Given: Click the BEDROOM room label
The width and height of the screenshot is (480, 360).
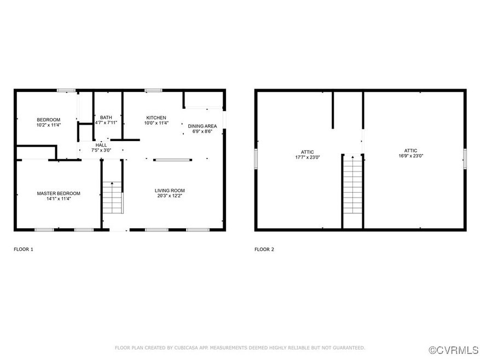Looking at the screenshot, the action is pyautogui.click(x=48, y=120).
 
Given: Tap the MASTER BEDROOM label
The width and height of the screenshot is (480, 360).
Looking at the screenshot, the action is pyautogui.click(x=59, y=194).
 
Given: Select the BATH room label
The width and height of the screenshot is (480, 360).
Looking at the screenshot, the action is pyautogui.click(x=106, y=118).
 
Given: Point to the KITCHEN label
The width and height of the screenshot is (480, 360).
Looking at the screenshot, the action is pyautogui.click(x=156, y=118).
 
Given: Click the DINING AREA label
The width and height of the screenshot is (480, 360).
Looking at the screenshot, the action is pyautogui.click(x=203, y=126).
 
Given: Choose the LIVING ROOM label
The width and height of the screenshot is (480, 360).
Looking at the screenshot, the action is pyautogui.click(x=170, y=191).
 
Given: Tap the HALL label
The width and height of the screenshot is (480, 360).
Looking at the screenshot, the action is pyautogui.click(x=101, y=145).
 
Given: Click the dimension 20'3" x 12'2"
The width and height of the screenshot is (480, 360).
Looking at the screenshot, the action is pyautogui.click(x=170, y=196).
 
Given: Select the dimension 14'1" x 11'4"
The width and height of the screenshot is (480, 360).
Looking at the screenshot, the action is pyautogui.click(x=59, y=199).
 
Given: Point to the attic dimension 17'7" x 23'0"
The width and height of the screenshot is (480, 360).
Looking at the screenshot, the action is pyautogui.click(x=308, y=158).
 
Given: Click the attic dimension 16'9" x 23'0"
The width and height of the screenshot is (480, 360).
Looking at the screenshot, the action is pyautogui.click(x=411, y=156).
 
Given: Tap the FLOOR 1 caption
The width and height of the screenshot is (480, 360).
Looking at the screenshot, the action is pyautogui.click(x=24, y=249).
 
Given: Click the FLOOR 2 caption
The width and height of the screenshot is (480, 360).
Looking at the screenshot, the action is pyautogui.click(x=264, y=249).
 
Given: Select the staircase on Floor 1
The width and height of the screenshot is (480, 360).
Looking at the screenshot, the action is pyautogui.click(x=113, y=198).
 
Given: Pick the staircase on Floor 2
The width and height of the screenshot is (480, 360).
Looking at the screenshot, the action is pyautogui.click(x=352, y=185).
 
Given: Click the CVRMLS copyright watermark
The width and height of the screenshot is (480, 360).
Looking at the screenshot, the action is pyautogui.click(x=453, y=350).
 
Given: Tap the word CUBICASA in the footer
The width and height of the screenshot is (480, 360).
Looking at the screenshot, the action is pyautogui.click(x=187, y=348).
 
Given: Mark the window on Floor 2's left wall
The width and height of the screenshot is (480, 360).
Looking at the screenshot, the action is pyautogui.click(x=256, y=159).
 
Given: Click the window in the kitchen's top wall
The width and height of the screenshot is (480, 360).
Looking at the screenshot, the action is pyautogui.click(x=153, y=90).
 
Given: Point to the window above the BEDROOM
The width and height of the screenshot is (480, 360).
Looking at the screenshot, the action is pyautogui.click(x=66, y=90).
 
